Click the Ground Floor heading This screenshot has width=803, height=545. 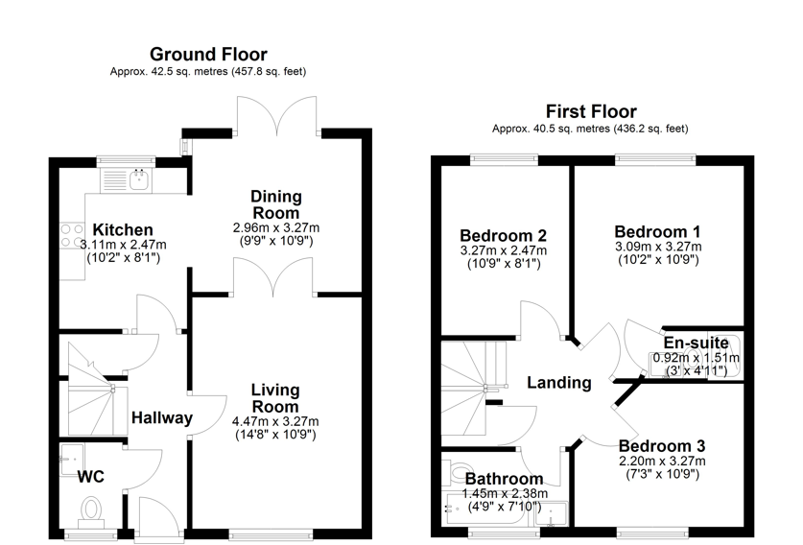208,55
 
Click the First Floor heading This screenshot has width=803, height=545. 590,111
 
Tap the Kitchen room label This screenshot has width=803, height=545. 116,230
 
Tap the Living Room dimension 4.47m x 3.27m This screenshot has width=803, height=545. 275,420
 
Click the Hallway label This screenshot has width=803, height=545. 162,418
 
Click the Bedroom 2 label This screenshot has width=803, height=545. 504,236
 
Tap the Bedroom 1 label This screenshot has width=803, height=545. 657,231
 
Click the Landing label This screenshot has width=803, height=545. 559,383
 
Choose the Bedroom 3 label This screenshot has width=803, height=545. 661,446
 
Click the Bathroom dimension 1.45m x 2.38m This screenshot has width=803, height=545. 504,493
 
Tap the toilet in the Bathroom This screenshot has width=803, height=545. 457,476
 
